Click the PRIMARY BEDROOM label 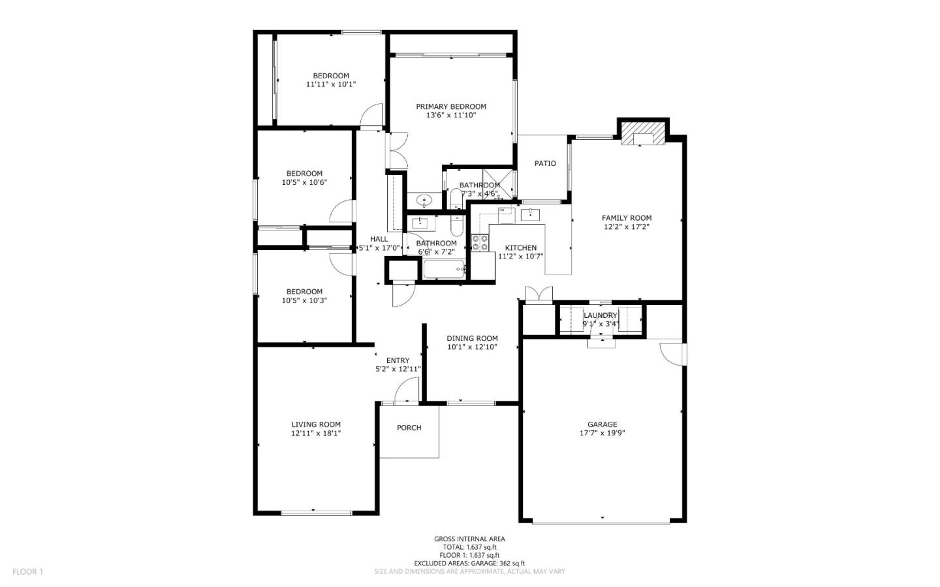[x=451, y=106]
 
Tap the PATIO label [x=545, y=163]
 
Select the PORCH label [x=409, y=428]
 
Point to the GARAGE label [x=602, y=424]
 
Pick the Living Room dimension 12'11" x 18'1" [x=316, y=433]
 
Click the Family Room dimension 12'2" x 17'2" [x=627, y=227]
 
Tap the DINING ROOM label [x=472, y=338]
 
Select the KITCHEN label [x=521, y=248]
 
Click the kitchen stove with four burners [x=480, y=243]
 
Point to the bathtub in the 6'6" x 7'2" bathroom [x=443, y=269]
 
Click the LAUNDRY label [x=600, y=315]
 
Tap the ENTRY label [x=398, y=360]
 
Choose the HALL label [x=379, y=239]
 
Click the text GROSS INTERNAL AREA [x=469, y=539]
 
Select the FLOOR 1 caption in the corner [x=27, y=572]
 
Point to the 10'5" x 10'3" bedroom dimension [x=304, y=301]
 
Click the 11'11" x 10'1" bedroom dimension [x=331, y=84]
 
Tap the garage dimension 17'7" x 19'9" [x=602, y=433]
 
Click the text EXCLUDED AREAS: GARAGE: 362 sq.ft [x=469, y=563]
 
